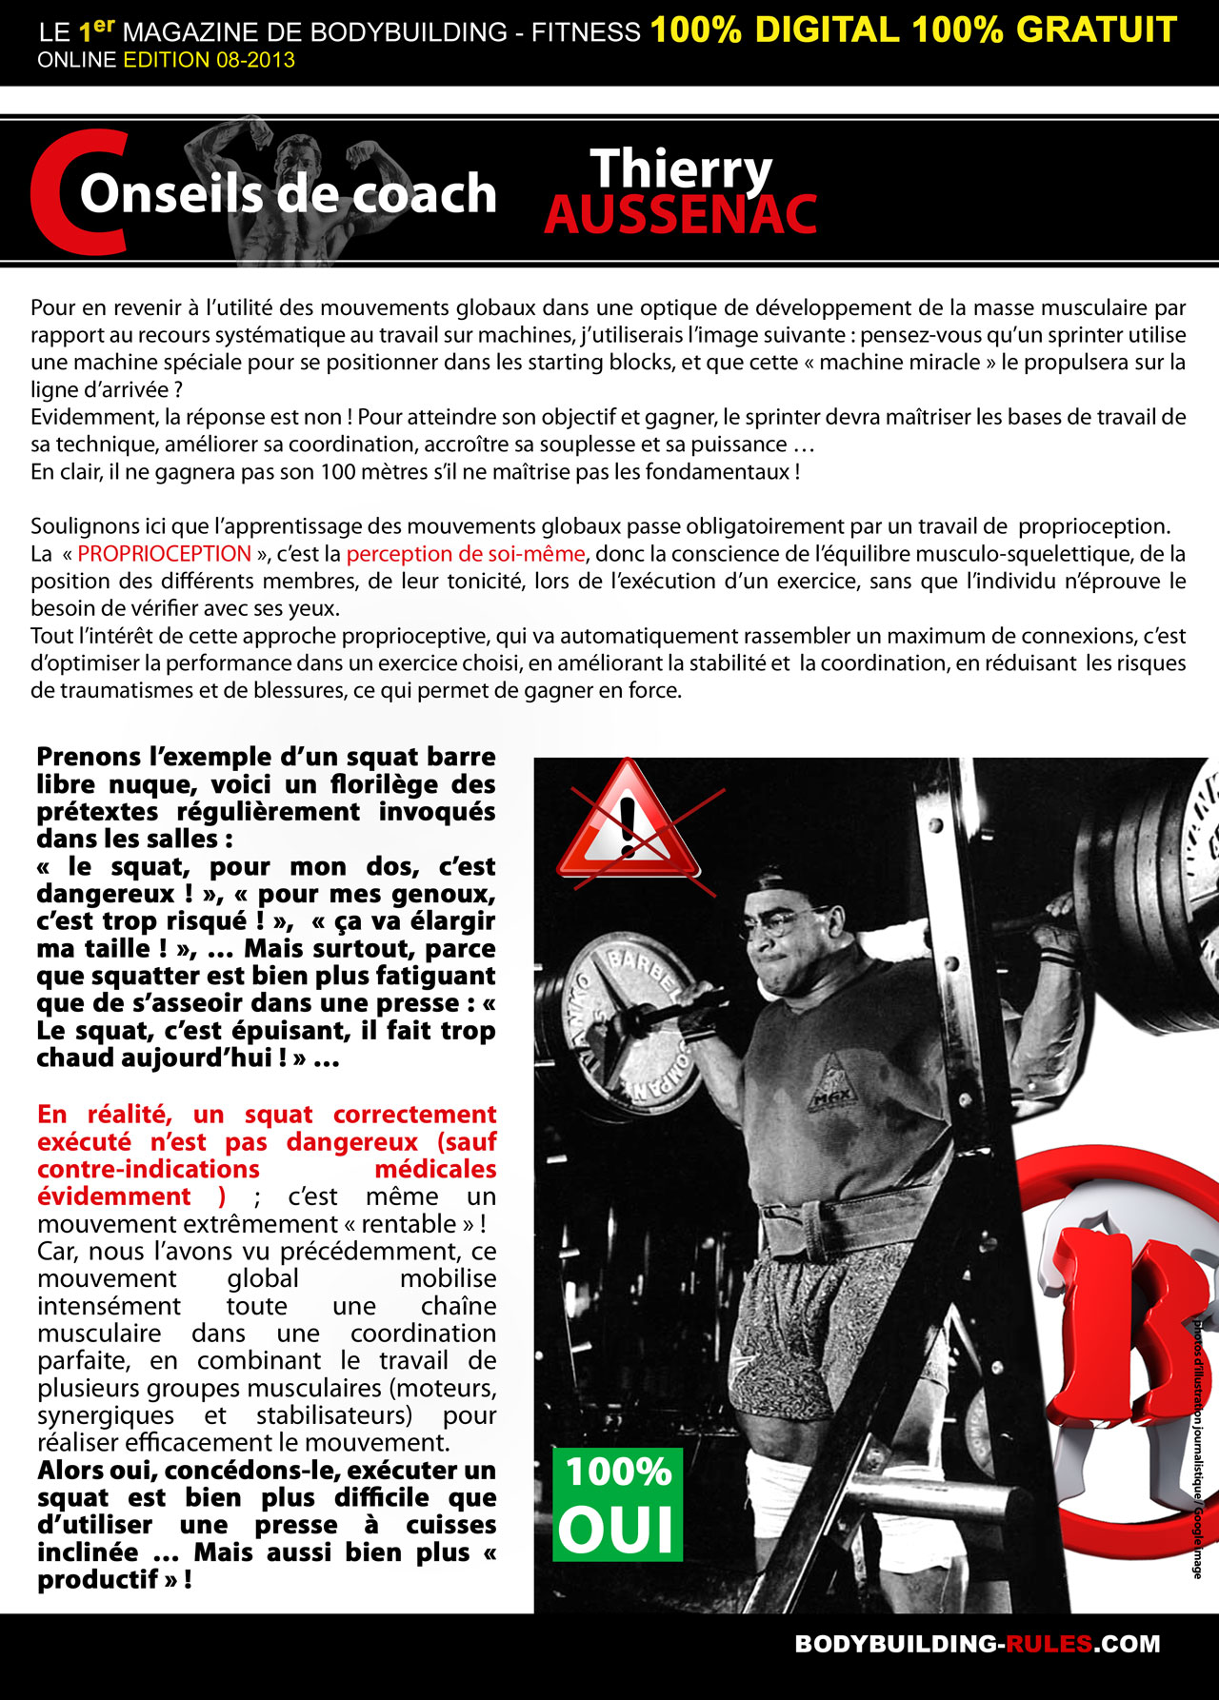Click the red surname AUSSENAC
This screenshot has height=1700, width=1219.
tap(680, 215)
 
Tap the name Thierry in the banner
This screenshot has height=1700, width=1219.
tap(680, 169)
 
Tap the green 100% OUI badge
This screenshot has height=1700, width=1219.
tap(617, 1505)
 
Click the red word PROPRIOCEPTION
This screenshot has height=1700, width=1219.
tap(165, 554)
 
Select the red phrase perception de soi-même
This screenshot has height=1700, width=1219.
tap(466, 554)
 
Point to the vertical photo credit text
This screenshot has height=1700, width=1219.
tap(1197, 1447)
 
